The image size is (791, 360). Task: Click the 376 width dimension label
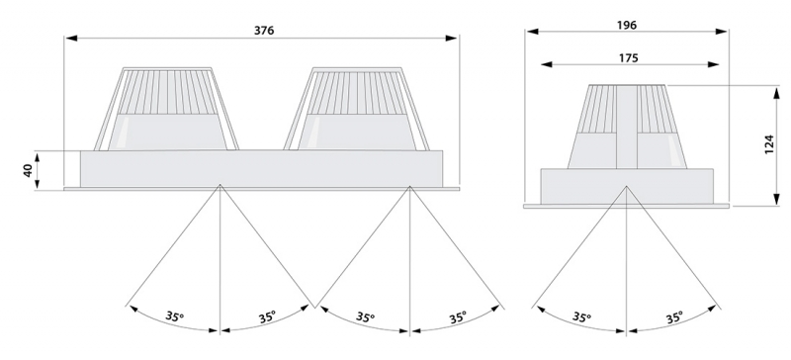[x=264, y=31]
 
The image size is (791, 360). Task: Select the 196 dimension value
[x=627, y=25]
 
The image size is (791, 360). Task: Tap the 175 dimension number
[x=629, y=58]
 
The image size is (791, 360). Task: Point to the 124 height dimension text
[x=769, y=144]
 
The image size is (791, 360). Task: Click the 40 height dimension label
[x=29, y=171]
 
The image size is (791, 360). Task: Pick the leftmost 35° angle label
[x=175, y=316]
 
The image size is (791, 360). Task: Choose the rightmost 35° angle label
[x=674, y=318]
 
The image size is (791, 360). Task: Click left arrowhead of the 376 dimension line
[x=70, y=38]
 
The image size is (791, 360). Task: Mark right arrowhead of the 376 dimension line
[x=452, y=38]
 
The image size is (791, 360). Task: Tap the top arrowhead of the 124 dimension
[x=777, y=91]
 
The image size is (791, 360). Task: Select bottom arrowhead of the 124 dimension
[x=777, y=200]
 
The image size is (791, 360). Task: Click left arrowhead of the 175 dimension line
[x=547, y=64]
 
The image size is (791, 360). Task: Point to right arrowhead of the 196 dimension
[x=722, y=32]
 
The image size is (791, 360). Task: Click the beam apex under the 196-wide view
[x=627, y=186]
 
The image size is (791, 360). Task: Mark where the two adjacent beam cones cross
[x=314, y=307]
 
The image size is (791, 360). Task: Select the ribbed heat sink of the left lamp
[x=166, y=92]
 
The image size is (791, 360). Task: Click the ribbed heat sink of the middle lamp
[x=357, y=93]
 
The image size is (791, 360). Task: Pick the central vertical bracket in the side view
[x=627, y=127]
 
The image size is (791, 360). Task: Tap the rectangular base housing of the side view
[x=627, y=186]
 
